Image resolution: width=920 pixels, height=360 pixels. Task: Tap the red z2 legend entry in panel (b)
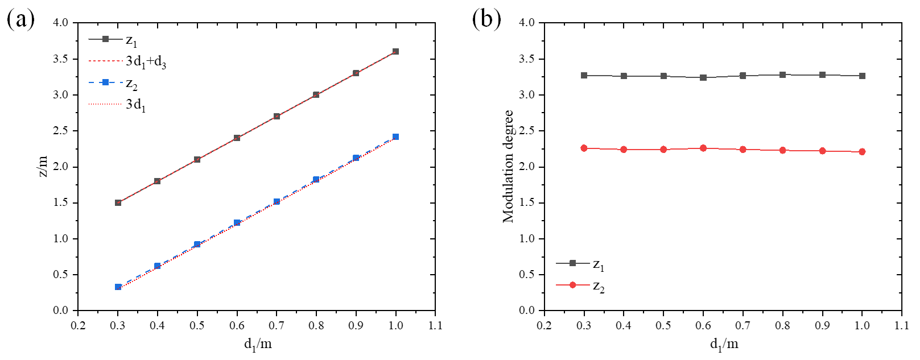point(580,285)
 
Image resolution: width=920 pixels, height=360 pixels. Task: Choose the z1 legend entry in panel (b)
point(580,264)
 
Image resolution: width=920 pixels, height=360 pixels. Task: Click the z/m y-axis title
point(43,167)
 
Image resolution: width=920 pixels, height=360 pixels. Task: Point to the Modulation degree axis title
point(508,166)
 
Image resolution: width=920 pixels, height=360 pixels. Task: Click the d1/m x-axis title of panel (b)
point(724,344)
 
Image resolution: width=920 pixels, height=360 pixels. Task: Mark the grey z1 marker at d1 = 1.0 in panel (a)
point(396,52)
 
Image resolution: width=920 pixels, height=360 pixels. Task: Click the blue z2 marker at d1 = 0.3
point(118,287)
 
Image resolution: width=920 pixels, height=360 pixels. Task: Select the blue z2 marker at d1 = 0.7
point(277,202)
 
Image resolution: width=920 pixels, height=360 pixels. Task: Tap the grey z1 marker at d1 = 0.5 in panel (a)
point(197,160)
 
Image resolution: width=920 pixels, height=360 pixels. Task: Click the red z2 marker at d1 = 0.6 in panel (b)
point(703,148)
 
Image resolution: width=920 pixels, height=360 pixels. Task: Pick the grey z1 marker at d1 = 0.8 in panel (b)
point(783,75)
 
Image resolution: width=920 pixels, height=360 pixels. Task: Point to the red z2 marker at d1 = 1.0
point(863,152)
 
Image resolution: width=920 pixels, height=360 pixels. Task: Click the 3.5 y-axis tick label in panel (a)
point(61,59)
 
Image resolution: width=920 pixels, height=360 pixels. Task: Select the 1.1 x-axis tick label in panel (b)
point(902,325)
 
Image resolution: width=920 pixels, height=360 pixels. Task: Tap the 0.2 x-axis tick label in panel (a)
point(78,325)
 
